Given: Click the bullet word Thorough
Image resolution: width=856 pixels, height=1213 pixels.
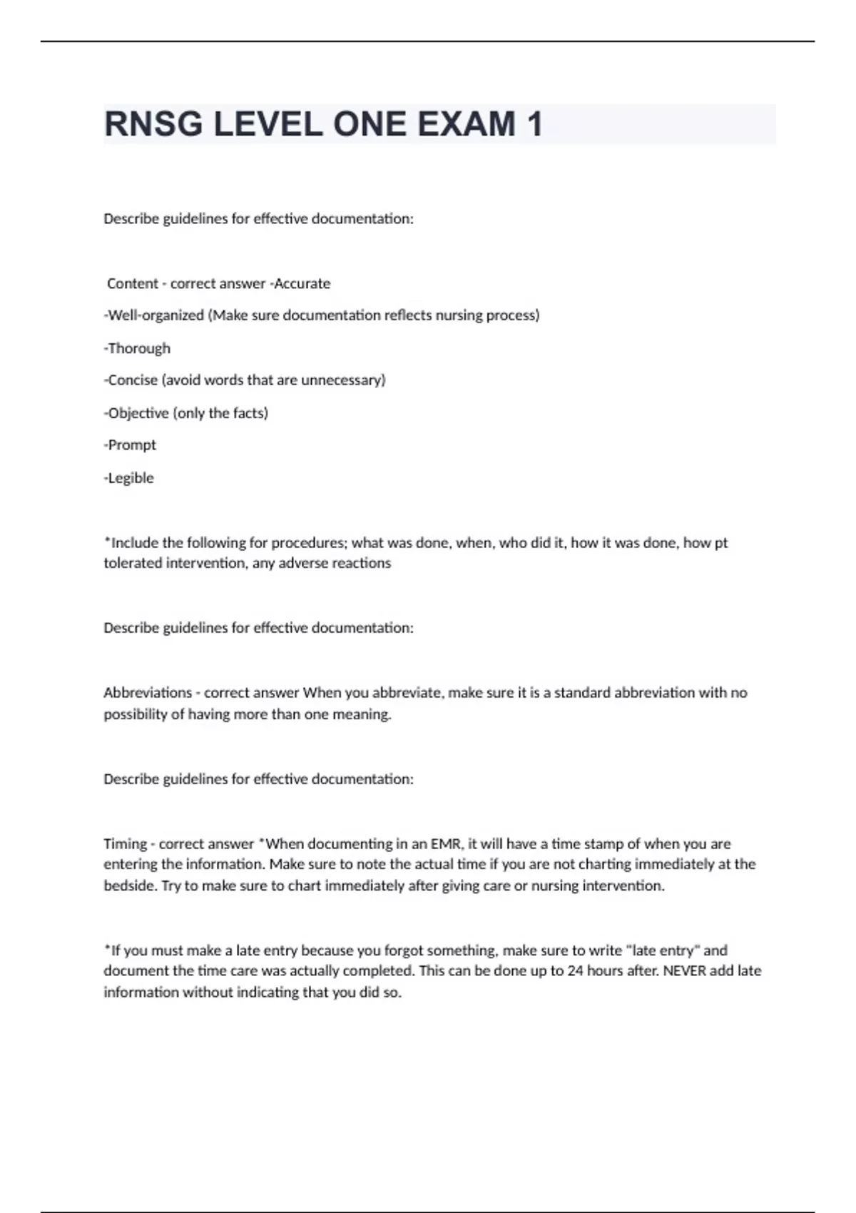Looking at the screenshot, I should (139, 348).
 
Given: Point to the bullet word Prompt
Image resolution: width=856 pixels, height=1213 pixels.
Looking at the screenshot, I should (132, 445).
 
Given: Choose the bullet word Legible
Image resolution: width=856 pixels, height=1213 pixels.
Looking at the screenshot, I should (131, 477).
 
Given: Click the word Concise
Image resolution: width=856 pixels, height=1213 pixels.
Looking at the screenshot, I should (133, 380).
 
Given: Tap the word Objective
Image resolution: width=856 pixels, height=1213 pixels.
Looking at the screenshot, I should (138, 412).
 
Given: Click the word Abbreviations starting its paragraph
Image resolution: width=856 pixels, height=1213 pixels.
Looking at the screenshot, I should (148, 692).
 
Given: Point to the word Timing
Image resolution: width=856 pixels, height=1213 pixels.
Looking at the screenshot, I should (125, 843).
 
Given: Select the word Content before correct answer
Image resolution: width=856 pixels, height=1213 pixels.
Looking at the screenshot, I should (133, 283).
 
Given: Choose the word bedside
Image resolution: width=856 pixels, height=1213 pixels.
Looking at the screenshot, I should (128, 885).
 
